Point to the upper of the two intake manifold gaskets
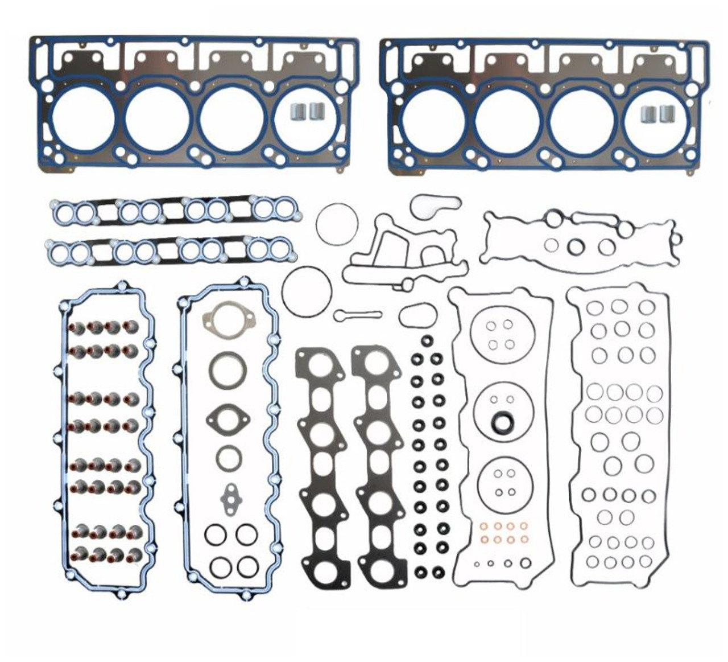176,212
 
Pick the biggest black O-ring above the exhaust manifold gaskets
307,292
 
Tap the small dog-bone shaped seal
358,315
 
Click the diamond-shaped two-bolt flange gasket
228,418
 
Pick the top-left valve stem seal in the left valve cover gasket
78,328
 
